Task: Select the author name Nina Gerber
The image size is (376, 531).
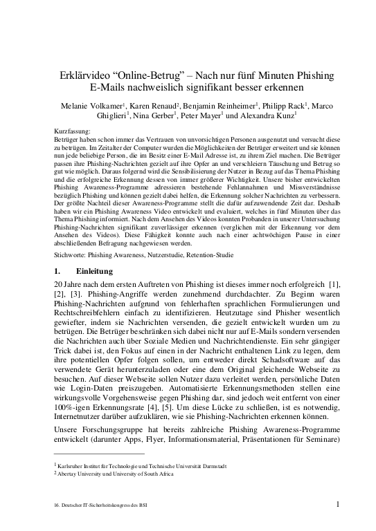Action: [x=154, y=116]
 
